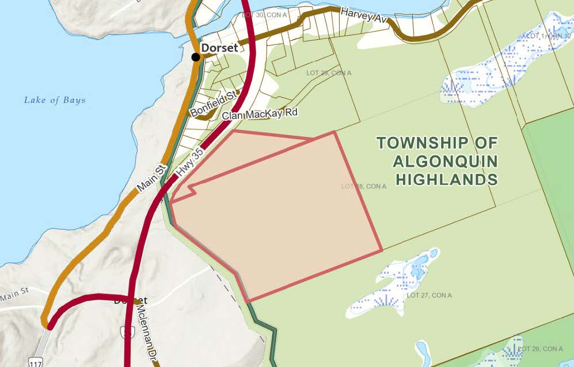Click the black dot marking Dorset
point(196,56)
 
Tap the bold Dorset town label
point(219,48)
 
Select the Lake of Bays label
point(55,100)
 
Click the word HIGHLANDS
point(446,179)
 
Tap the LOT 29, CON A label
point(328,73)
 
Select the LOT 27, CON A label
point(429,295)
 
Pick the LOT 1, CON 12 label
point(548,36)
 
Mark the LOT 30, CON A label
point(265,14)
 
